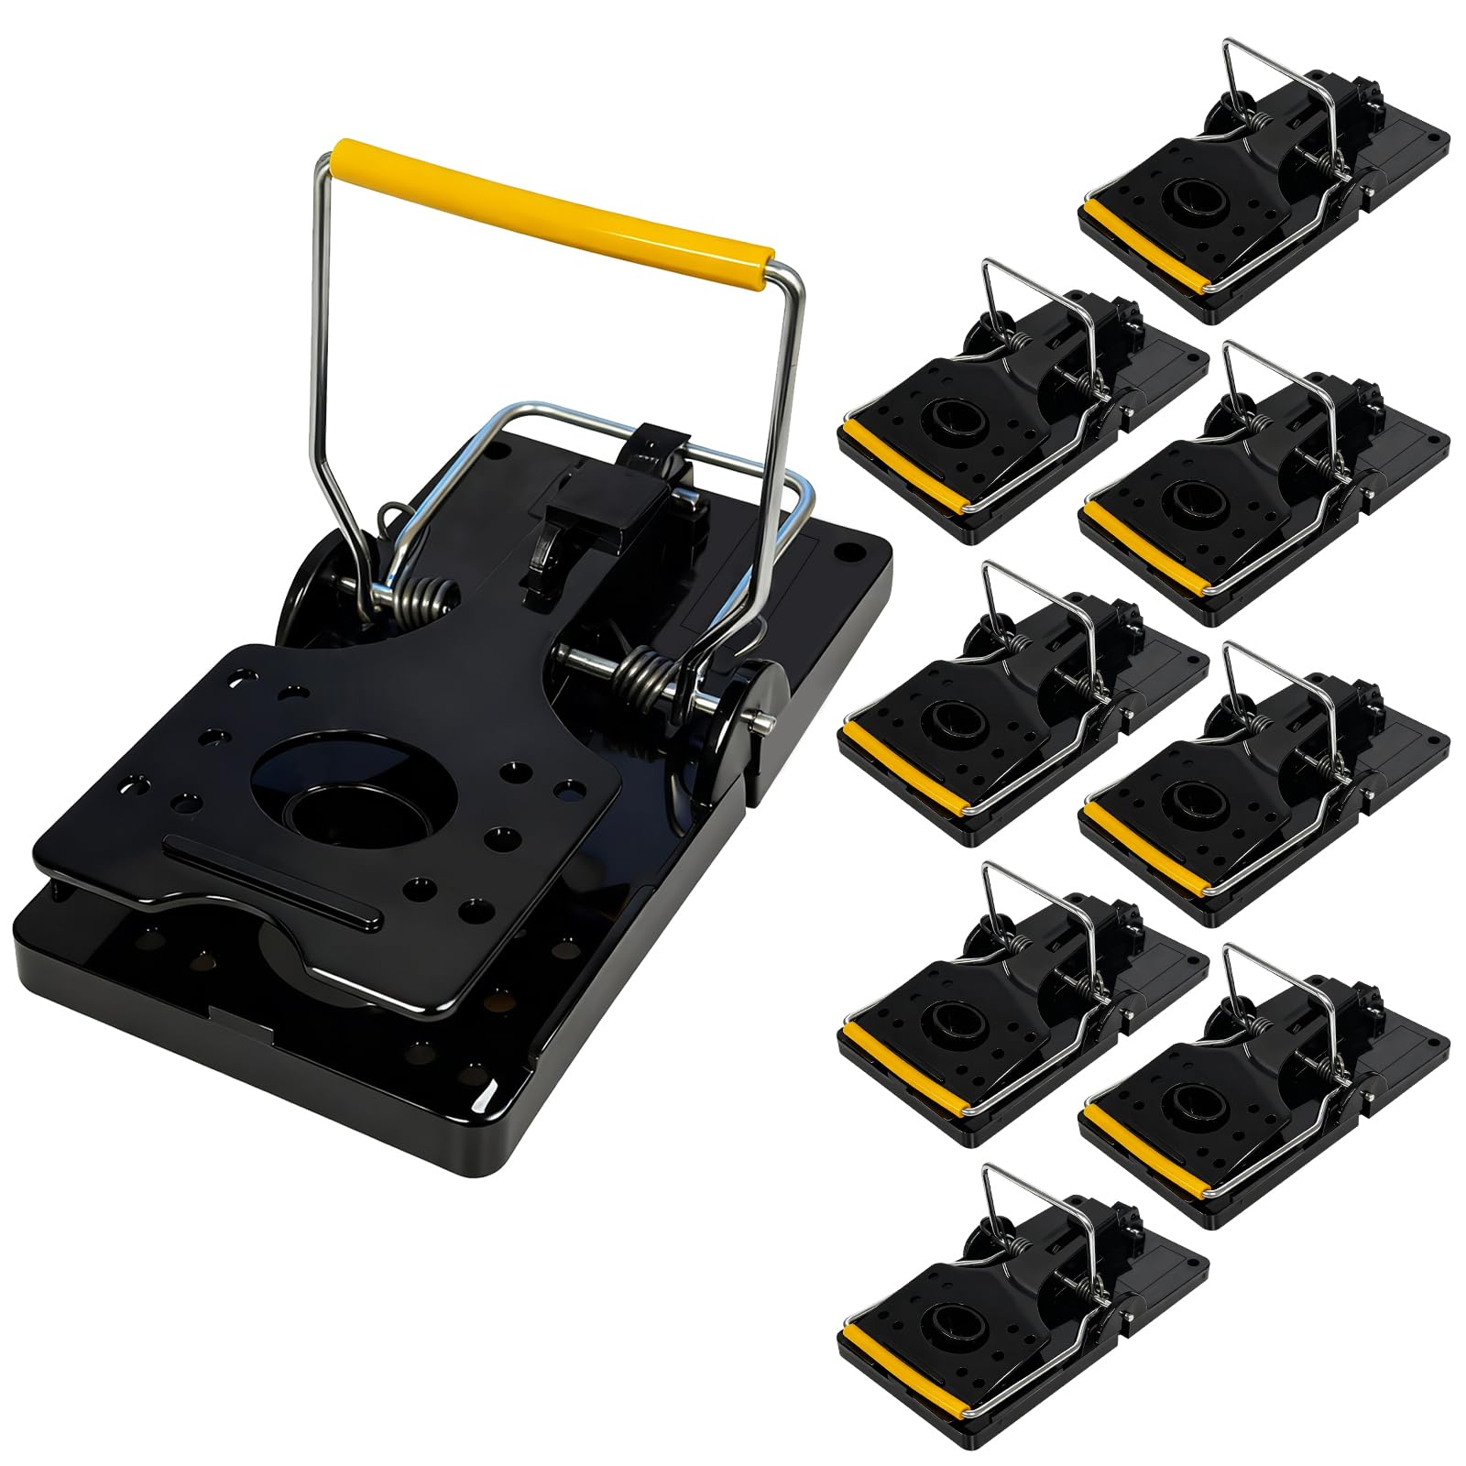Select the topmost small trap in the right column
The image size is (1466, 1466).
coord(1264,211)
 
